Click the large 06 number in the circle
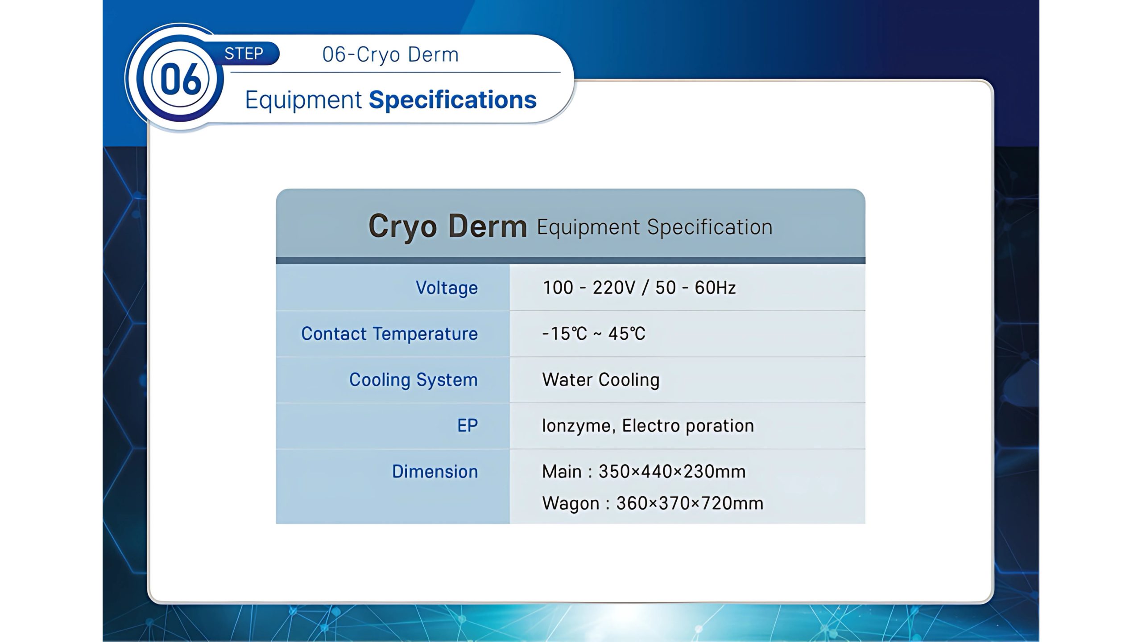[180, 79]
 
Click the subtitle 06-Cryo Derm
[390, 54]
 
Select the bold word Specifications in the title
[452, 100]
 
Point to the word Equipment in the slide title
[303, 100]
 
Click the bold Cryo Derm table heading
[447, 226]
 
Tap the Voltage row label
[447, 288]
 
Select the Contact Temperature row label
[389, 334]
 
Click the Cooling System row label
[413, 380]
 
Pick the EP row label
[468, 425]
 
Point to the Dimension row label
[435, 471]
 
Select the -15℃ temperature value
[564, 333]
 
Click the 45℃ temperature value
[627, 333]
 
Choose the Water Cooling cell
[600, 380]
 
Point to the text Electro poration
[688, 426]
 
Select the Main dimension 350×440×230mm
[672, 472]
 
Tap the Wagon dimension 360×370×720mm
[690, 503]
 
